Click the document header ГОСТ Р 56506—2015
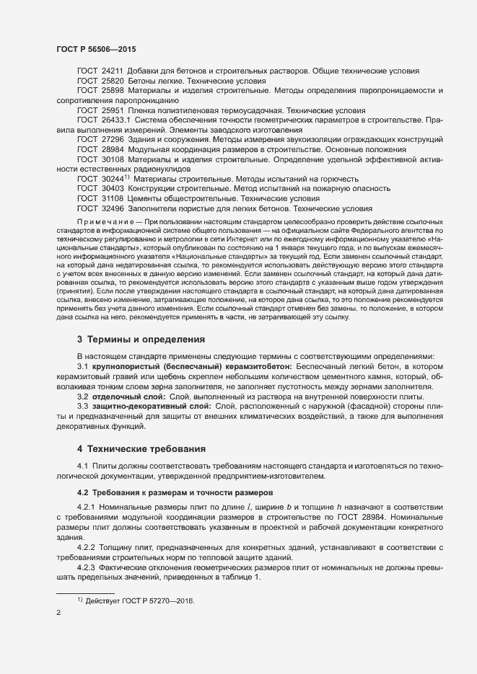(96, 49)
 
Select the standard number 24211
(113, 71)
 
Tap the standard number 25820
(113, 81)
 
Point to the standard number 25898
(113, 91)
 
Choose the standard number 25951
(113, 110)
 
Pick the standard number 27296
(113, 139)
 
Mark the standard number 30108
(113, 159)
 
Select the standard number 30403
(113, 188)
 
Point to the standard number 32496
(113, 208)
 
